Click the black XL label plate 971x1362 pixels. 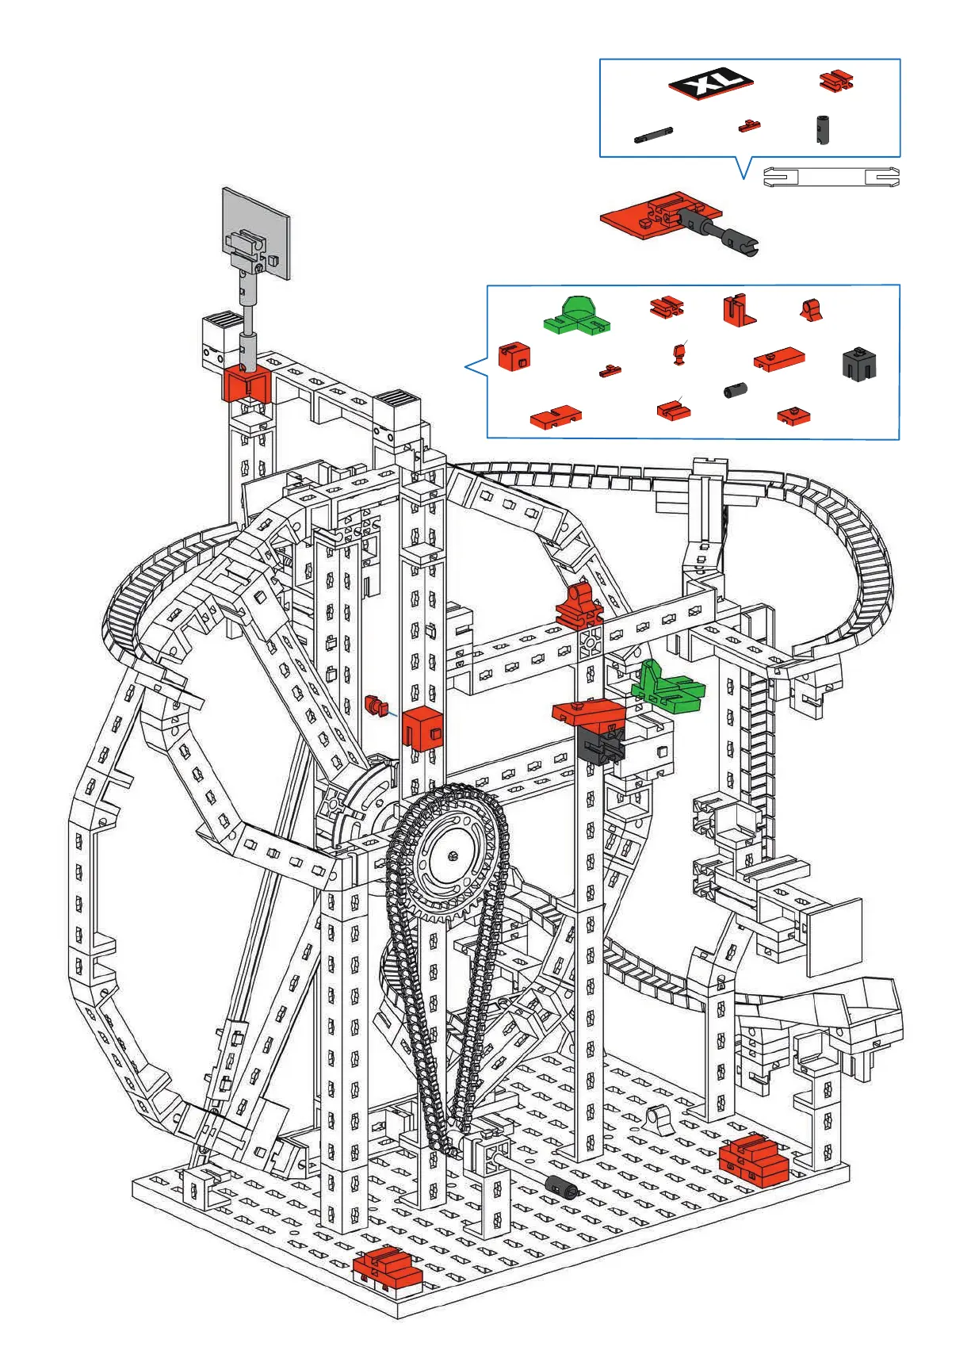coord(710,82)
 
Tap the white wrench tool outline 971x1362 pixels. coord(831,177)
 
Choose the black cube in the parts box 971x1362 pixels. coord(858,363)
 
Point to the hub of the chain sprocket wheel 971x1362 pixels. coord(452,855)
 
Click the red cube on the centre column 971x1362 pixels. coord(422,727)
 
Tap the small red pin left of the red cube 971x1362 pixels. coord(375,703)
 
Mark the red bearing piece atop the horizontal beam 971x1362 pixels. coord(580,606)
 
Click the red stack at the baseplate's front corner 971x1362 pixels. coord(386,1265)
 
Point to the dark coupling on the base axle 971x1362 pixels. coord(561,1186)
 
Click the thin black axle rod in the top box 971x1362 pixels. coord(654,135)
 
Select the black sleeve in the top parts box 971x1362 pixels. coord(823,128)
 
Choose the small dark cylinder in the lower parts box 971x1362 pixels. coord(736,390)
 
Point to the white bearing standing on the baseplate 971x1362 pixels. coord(659,1119)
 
